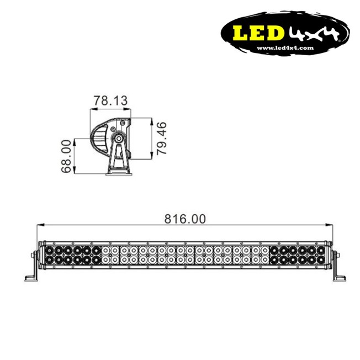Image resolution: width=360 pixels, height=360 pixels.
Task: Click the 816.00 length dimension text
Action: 184,219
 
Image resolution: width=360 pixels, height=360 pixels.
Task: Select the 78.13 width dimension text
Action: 110,101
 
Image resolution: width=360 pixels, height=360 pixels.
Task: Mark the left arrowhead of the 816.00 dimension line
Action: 39,225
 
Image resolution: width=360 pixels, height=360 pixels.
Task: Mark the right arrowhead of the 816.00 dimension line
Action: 329,225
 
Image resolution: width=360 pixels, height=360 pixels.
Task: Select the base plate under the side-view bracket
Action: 119,174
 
